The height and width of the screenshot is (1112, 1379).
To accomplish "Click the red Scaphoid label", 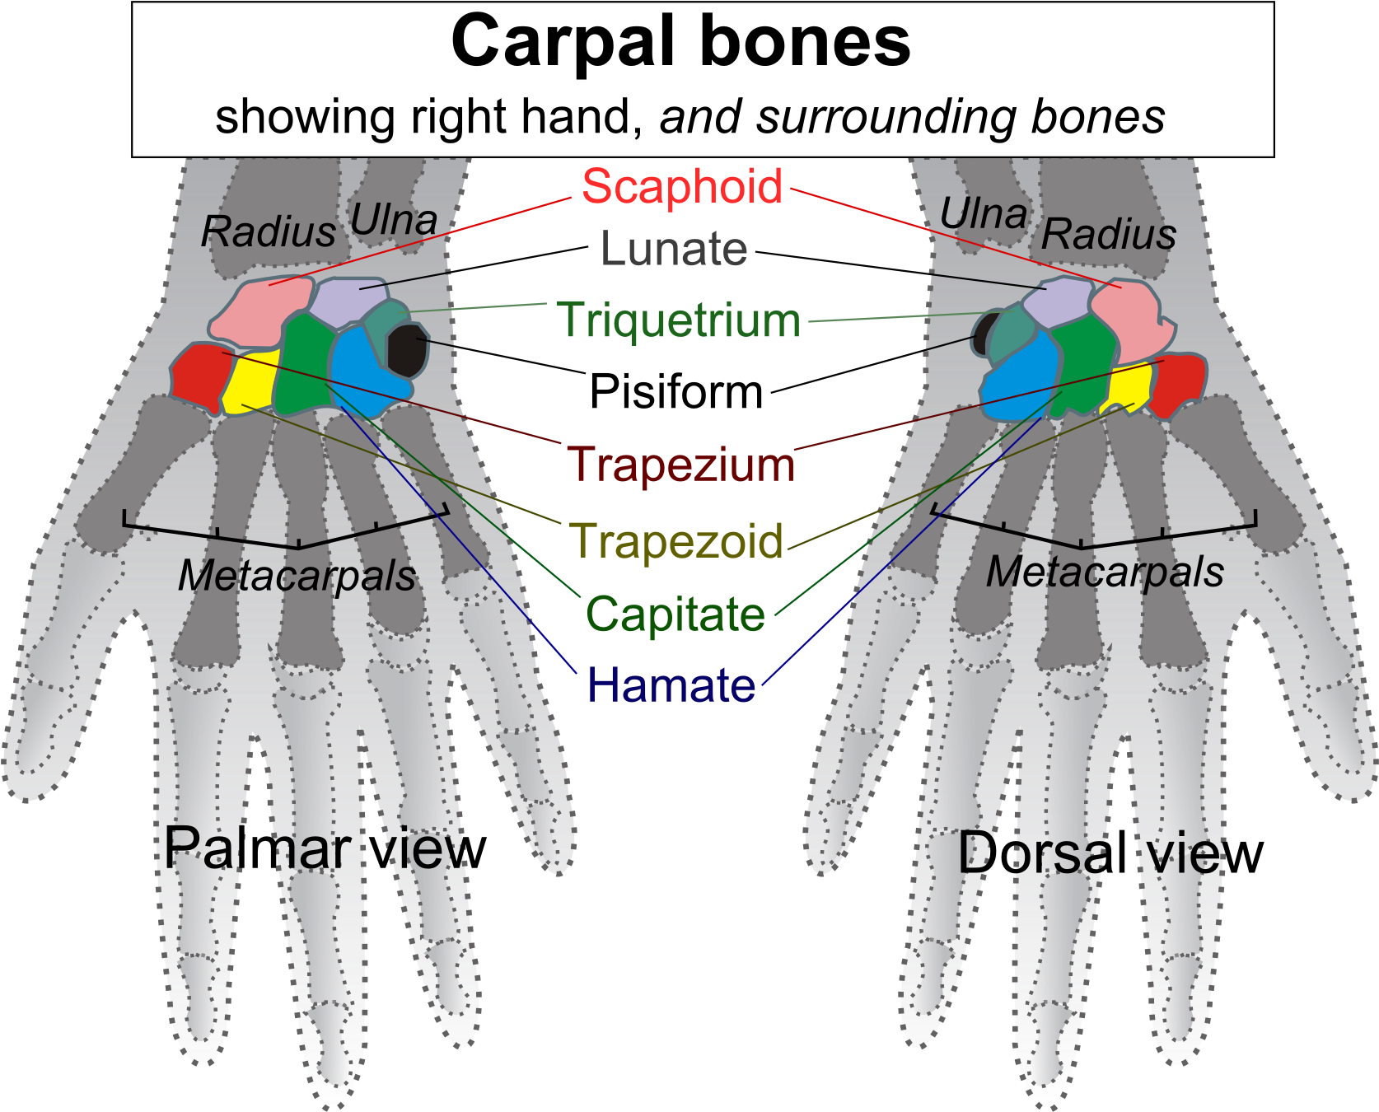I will (x=682, y=187).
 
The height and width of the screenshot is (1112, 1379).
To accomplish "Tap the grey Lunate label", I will (x=674, y=249).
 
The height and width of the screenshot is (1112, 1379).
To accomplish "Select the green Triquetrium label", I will (x=678, y=320).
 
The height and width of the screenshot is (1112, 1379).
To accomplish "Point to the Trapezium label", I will (x=680, y=465).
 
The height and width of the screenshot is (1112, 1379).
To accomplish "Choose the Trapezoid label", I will (x=676, y=542).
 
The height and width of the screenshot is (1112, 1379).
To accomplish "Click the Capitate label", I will (x=675, y=614).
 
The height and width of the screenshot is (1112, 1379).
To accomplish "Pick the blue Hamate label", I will (x=671, y=685).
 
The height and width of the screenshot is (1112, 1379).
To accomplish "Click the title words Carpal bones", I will (x=680, y=43).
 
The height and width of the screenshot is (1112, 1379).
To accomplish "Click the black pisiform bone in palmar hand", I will (x=407, y=351).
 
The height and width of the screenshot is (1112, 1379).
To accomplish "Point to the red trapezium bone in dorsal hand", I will (x=1177, y=382).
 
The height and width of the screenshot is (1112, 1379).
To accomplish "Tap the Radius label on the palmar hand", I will (x=269, y=231).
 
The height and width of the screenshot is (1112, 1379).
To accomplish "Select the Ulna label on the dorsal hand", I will (x=983, y=215).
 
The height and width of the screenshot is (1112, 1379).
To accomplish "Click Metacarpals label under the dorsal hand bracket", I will (x=1105, y=572).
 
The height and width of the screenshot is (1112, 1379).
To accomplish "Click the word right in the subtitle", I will (x=458, y=117).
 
